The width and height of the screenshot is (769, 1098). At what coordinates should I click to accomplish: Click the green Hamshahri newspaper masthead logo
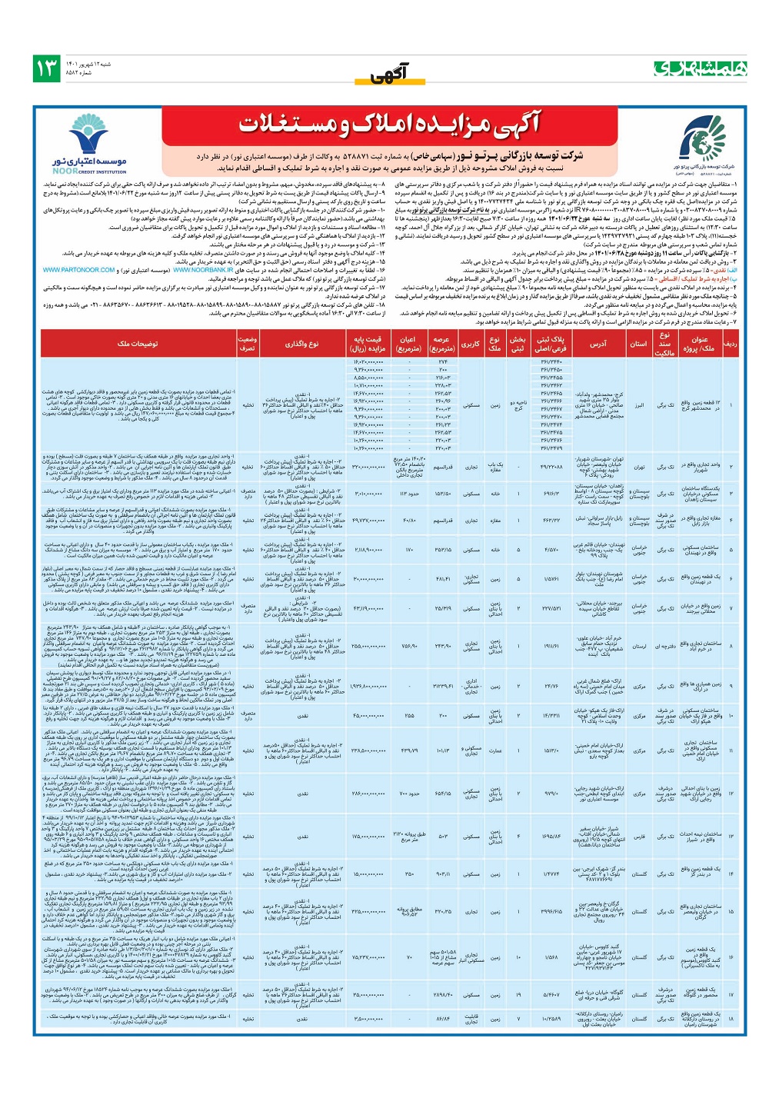pos(700,68)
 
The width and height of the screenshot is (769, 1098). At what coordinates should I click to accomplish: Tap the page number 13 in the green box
pos(47,68)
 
